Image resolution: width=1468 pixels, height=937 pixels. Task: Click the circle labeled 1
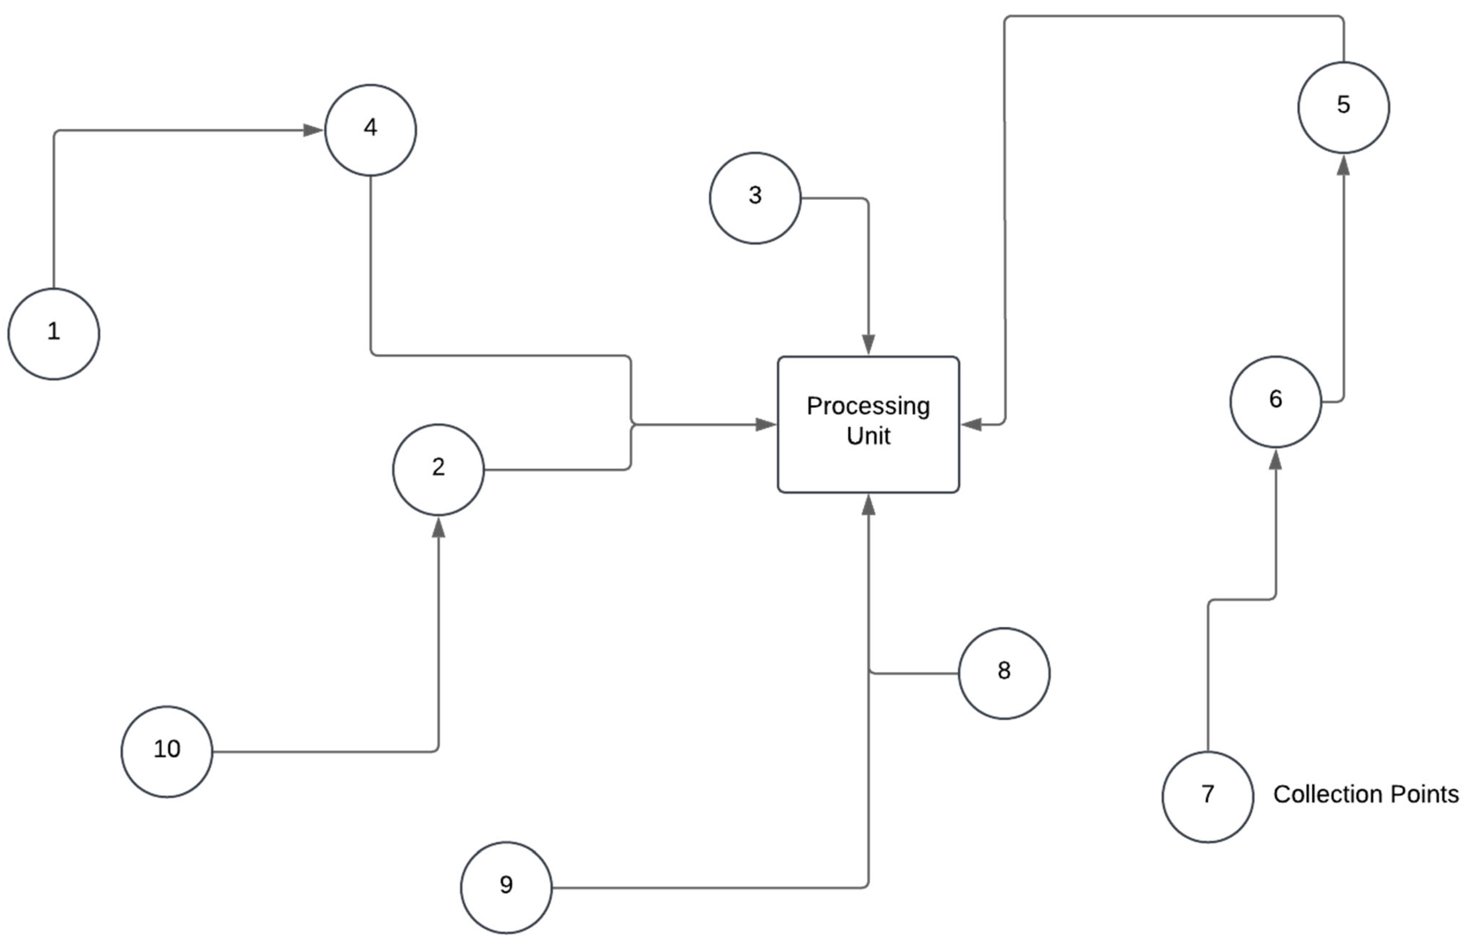coord(54,334)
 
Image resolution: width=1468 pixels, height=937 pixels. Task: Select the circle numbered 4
coord(371,130)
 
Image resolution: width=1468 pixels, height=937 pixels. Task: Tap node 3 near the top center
coord(755,198)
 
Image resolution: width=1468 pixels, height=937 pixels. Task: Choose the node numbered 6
coord(1275,402)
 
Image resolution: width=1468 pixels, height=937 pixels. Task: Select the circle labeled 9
coord(506,887)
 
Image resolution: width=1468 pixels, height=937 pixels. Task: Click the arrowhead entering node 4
coord(313,130)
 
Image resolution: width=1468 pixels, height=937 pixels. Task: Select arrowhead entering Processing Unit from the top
coord(868,344)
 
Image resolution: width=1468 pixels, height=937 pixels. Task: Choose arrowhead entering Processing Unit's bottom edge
coord(868,505)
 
